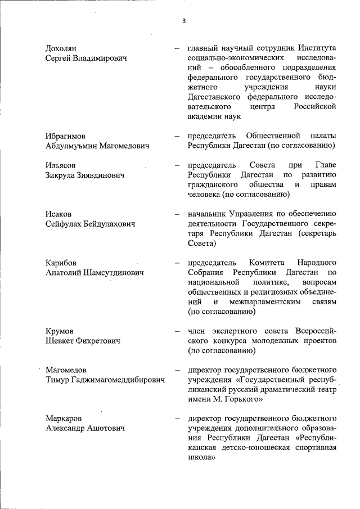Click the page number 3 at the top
(x=183, y=21)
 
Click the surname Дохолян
(x=61, y=49)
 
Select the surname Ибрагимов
(x=66, y=136)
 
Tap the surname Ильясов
(x=60, y=165)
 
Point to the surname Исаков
(x=58, y=214)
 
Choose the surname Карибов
(x=61, y=263)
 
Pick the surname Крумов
(x=59, y=331)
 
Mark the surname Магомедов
(x=66, y=370)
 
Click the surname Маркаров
(x=64, y=418)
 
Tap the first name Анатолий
(x=64, y=273)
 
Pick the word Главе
(x=325, y=165)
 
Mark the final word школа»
(x=202, y=458)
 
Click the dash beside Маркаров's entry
(x=177, y=418)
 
